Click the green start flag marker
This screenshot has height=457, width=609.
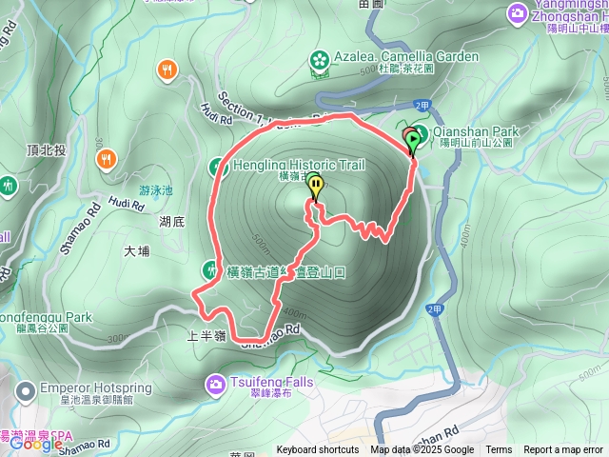click(413, 143)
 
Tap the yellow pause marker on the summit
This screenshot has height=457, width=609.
click(315, 188)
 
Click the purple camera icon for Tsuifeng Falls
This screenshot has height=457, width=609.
click(215, 384)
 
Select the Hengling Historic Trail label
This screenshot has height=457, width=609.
click(297, 165)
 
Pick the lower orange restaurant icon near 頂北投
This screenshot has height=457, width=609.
click(108, 160)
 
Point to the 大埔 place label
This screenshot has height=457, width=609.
click(137, 252)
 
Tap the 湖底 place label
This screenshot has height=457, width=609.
click(171, 221)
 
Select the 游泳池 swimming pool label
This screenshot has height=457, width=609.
click(156, 190)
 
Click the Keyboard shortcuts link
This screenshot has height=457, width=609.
click(318, 450)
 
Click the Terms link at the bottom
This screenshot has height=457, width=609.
click(499, 450)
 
